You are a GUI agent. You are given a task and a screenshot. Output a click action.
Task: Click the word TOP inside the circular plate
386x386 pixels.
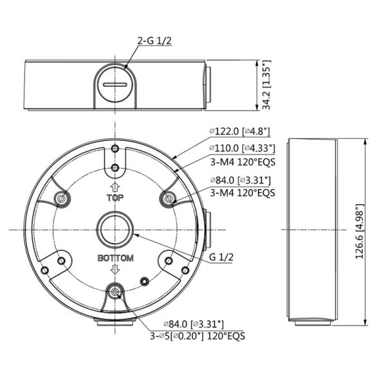tap(115, 198)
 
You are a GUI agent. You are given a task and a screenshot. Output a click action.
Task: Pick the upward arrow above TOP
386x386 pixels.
tap(115, 187)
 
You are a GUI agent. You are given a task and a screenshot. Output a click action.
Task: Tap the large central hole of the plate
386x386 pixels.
tap(115, 229)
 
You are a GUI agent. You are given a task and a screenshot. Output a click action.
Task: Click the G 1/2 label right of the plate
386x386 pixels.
tap(221, 257)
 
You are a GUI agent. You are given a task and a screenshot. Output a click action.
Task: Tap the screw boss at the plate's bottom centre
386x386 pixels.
tap(115, 293)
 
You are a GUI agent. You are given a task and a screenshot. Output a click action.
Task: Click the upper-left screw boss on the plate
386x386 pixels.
tap(61, 199)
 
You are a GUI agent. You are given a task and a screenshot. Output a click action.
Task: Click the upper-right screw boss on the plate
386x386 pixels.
tap(169, 199)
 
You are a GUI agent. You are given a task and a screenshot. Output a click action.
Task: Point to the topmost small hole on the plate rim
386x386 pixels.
tap(115, 148)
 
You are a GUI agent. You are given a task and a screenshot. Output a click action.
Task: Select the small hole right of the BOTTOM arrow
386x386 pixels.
tap(145, 280)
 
